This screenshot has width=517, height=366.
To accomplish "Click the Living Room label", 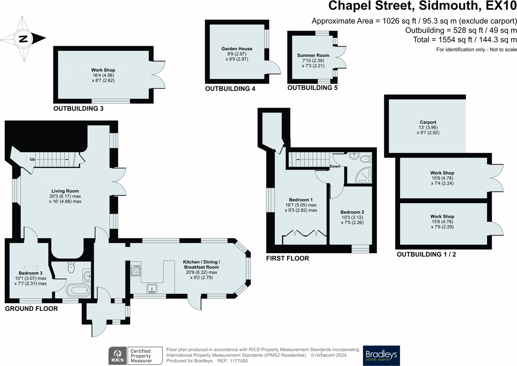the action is [x=65, y=191].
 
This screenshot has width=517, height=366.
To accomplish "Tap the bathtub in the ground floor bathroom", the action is [x=78, y=290].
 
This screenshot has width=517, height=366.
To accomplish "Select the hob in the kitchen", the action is [x=136, y=270].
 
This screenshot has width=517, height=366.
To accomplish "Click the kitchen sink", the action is [x=152, y=289].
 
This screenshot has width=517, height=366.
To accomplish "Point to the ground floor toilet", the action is [x=71, y=267].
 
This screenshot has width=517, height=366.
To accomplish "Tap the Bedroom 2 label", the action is [x=352, y=212].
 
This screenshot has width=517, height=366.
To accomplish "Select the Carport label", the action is [x=428, y=122].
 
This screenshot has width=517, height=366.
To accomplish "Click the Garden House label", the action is [x=237, y=49].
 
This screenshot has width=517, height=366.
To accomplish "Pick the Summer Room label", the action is [x=313, y=55].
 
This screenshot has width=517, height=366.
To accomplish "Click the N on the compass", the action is [x=23, y=38].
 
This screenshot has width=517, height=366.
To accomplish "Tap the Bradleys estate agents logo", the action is [x=381, y=356].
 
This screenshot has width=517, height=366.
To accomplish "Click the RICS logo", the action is [x=118, y=356].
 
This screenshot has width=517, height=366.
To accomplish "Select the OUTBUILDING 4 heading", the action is [x=230, y=89].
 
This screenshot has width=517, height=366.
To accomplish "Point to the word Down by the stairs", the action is [x=335, y=166].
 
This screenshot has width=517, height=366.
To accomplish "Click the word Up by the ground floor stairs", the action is [x=32, y=159].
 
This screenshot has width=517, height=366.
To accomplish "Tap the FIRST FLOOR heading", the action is [x=288, y=258].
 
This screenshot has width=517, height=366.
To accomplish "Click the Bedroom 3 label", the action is [x=31, y=273].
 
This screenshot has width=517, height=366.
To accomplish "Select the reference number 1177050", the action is [x=239, y=361].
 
